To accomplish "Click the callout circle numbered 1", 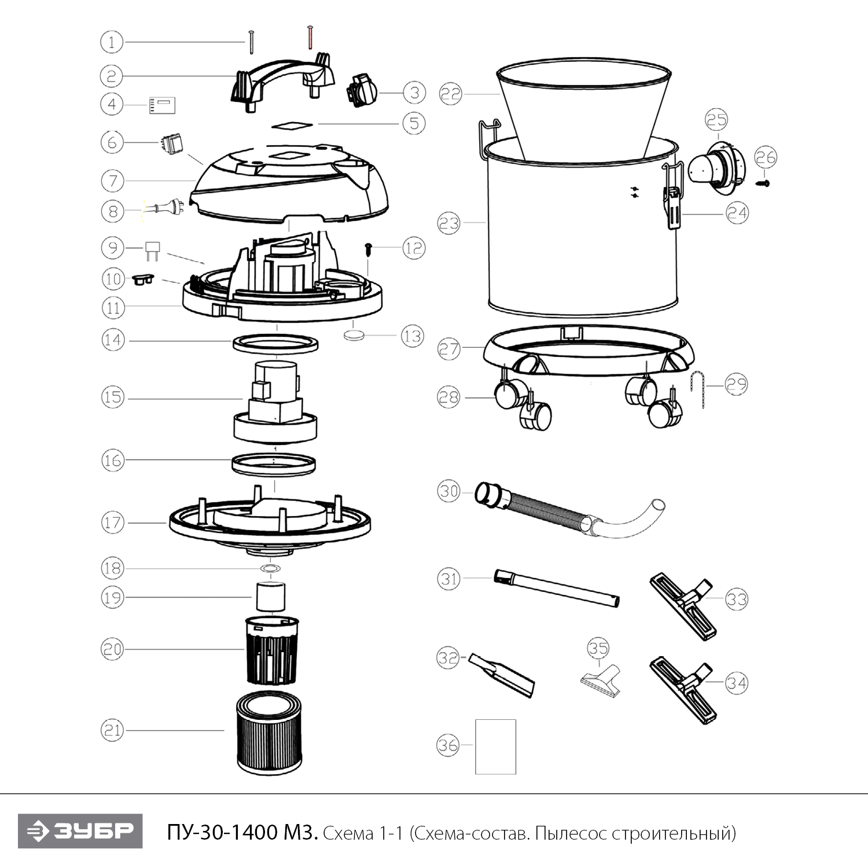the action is tap(112, 42).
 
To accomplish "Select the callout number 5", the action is tap(414, 123).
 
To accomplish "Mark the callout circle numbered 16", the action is tap(113, 461).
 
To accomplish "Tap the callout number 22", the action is tap(451, 94).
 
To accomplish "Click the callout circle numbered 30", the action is tap(448, 491).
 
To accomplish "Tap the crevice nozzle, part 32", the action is tap(501, 675).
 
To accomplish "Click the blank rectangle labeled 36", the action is tap(495, 746).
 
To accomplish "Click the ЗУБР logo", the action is tap(80, 831).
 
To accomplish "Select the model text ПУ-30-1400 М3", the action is tap(242, 833).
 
